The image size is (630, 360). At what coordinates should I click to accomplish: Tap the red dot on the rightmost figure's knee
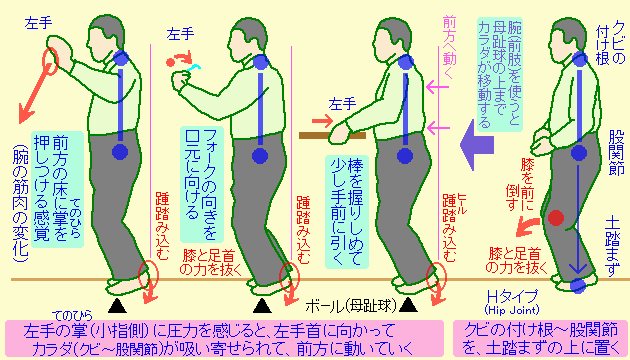click(x=557, y=216)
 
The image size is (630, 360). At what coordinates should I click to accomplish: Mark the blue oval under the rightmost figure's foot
click(x=577, y=287)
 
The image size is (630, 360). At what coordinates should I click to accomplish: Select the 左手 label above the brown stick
click(x=341, y=103)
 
